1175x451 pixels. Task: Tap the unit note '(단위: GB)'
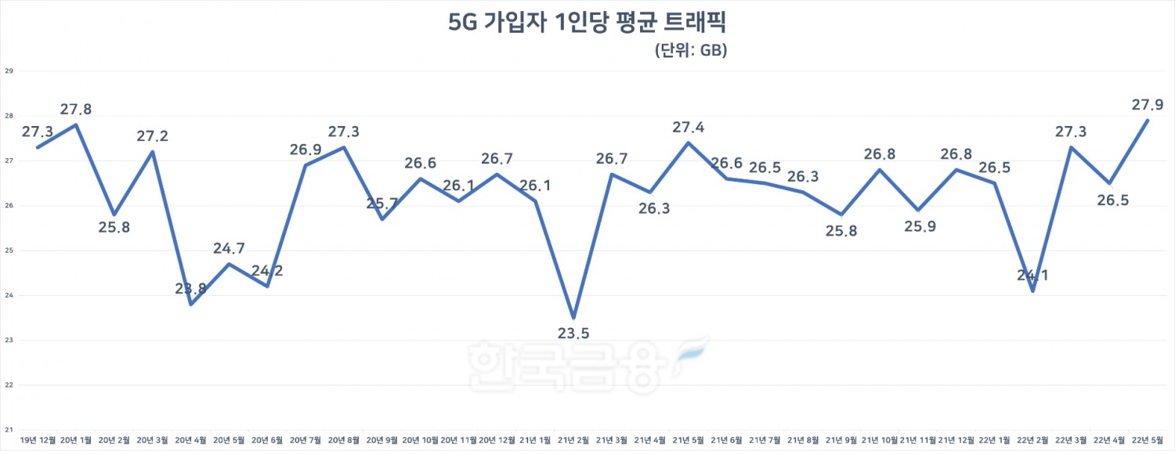click(690, 51)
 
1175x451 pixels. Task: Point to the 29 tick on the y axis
click(10, 71)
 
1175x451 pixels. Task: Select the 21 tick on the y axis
click(10, 430)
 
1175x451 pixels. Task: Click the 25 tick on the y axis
click(10, 251)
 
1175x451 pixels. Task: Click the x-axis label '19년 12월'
click(38, 441)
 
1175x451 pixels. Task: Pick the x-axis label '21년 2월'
click(574, 441)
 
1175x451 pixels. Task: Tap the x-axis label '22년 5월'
click(1148, 441)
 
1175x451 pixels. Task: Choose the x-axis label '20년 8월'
click(344, 441)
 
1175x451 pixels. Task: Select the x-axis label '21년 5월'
click(689, 441)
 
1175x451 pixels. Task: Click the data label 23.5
click(573, 334)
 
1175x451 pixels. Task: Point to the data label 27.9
click(1148, 104)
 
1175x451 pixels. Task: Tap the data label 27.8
click(76, 110)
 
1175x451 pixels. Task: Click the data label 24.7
click(229, 248)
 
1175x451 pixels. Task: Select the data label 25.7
click(382, 203)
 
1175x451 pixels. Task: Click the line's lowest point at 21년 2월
click(574, 318)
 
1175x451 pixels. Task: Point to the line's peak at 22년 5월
click(1148, 120)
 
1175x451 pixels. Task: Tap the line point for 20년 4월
click(191, 305)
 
